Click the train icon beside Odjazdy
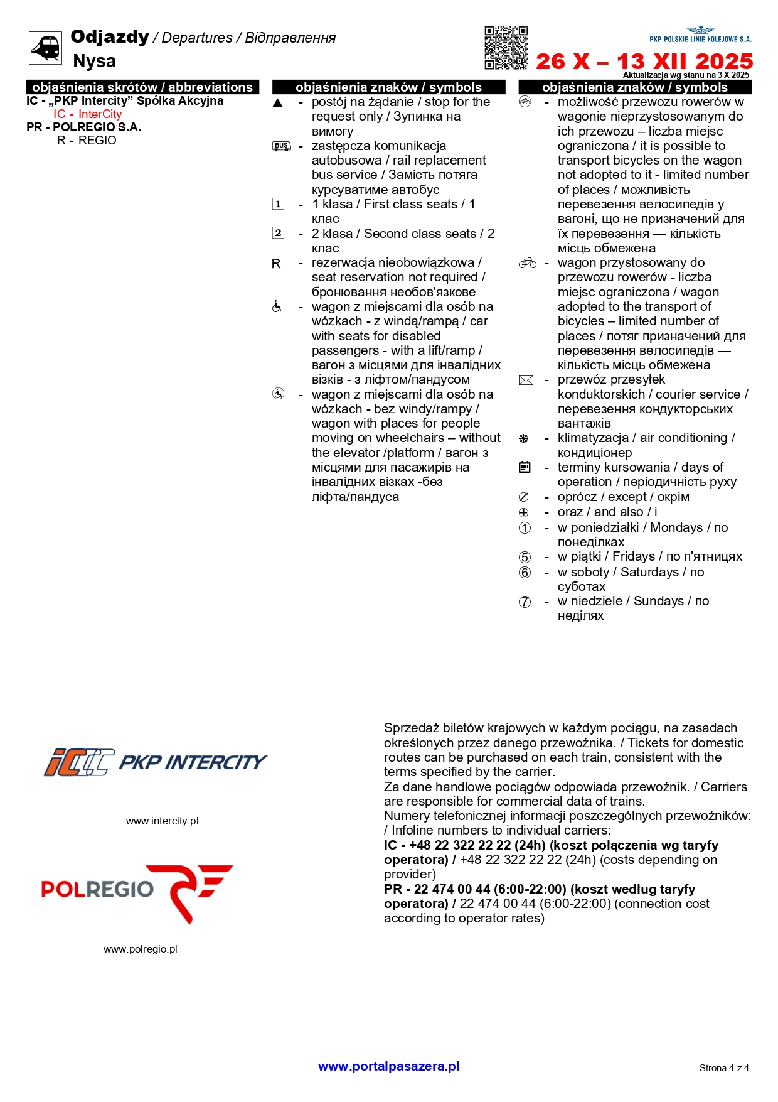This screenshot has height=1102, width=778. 46,48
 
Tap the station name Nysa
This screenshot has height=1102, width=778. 94,61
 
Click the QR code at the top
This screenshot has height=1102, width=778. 506,48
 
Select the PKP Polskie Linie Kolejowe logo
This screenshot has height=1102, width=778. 700,35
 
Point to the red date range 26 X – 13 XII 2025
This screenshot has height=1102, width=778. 644,62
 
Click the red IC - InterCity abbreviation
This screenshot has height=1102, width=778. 87,114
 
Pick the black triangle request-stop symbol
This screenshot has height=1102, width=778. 278,103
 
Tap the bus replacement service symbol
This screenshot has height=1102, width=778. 281,146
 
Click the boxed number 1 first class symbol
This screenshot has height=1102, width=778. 278,204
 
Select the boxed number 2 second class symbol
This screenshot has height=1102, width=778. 278,233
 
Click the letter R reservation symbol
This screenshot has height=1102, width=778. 276,264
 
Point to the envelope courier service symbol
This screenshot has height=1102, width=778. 526,380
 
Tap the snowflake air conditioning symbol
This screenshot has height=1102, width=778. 524,438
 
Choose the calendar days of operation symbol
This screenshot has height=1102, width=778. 525,467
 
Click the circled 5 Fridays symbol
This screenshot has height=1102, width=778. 525,557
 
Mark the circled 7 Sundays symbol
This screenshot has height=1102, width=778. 525,602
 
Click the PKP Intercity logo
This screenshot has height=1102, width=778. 155,762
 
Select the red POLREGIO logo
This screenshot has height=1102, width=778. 137,892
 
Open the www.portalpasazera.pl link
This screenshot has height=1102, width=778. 388,1066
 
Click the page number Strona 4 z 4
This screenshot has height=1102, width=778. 724,1068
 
